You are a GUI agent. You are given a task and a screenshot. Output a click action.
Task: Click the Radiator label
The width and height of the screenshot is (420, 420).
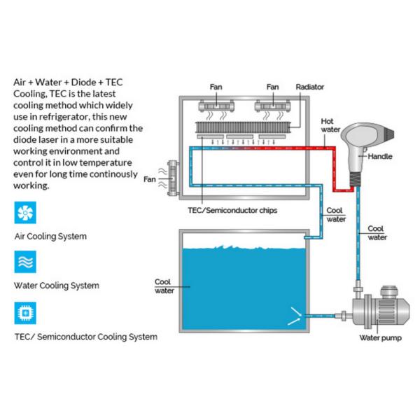[x=309, y=87]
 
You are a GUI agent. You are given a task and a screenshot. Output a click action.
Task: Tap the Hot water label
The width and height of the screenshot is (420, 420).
[x=330, y=125]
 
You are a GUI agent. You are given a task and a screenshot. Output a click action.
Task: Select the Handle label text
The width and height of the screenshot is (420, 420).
[x=380, y=156]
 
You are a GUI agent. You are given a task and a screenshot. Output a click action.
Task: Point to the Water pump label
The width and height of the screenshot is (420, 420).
[x=380, y=338]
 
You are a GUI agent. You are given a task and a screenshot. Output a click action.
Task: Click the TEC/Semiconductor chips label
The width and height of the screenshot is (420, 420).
[x=232, y=210]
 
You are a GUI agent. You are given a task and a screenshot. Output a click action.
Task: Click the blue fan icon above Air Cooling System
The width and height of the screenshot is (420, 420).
[x=25, y=212]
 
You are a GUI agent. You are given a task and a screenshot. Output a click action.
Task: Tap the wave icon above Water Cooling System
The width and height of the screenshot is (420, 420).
[x=25, y=262]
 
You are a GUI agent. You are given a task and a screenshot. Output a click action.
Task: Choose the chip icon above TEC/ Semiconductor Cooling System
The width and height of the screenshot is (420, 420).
[x=25, y=313]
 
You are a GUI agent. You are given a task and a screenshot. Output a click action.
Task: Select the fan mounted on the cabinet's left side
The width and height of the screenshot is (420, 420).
[x=173, y=178]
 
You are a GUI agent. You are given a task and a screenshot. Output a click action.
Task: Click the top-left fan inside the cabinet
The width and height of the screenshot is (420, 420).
[x=216, y=106]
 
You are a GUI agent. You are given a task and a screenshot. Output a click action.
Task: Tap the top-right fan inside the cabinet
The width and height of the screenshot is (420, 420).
[x=273, y=106]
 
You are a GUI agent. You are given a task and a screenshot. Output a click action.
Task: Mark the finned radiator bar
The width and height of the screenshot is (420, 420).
[x=243, y=127]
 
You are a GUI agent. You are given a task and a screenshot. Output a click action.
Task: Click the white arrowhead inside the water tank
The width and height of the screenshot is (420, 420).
[x=295, y=316]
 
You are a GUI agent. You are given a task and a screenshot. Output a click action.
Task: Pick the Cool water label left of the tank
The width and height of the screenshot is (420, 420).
[x=164, y=286]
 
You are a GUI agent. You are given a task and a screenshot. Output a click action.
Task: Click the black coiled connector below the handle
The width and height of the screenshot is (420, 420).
[x=356, y=179]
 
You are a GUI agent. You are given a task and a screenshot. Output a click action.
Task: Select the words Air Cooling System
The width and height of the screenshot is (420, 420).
[x=50, y=237]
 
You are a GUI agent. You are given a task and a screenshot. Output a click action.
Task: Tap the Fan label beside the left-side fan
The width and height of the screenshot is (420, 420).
[x=150, y=179]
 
